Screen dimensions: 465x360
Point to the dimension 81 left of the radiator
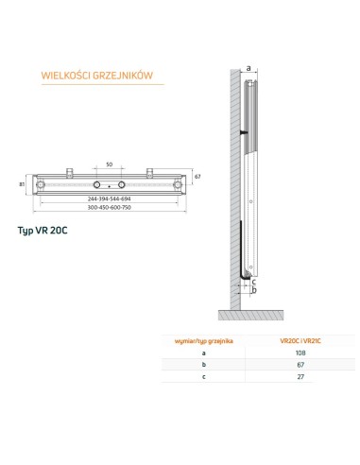click(21, 183)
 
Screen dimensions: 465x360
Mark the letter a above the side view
click(248, 68)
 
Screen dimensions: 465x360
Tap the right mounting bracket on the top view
click(150, 172)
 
